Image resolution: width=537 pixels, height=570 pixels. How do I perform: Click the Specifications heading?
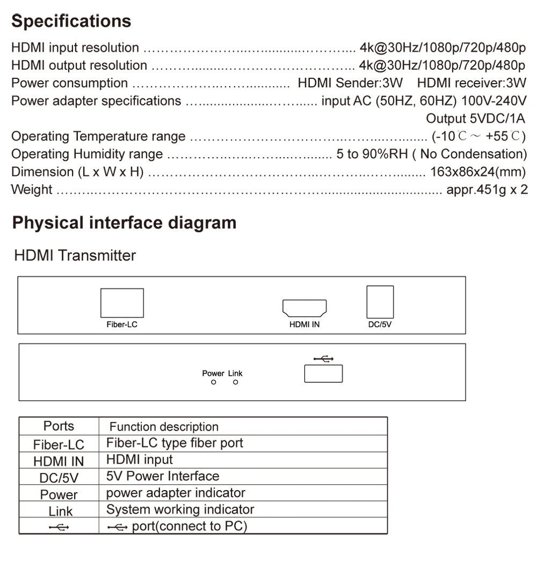pos(71,21)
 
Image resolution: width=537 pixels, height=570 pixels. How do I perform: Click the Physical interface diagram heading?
pos(124,223)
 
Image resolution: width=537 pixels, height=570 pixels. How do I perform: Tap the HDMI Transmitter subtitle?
pos(75,255)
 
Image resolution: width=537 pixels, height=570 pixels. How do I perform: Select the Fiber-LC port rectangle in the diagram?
pos(122,303)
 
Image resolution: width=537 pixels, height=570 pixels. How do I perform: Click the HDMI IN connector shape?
pos(304,308)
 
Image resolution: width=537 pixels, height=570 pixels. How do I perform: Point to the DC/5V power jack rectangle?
pos(380,302)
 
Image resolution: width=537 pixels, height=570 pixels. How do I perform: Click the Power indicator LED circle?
pos(213,382)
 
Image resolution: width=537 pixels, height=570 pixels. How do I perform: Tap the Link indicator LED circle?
pos(235,382)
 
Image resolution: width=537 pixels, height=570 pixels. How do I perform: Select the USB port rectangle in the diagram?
pos(323,373)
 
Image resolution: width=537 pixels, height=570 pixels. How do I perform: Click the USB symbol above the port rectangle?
pos(323,359)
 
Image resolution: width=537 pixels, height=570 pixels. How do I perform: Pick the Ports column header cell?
pos(59,426)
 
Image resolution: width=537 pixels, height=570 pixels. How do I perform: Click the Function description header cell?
pos(164,427)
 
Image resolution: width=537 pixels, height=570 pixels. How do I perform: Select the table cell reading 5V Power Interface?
pos(163,476)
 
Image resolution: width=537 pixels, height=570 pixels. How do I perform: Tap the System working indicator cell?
pos(180,509)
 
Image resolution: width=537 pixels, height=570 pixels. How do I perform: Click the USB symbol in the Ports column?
pos(59,527)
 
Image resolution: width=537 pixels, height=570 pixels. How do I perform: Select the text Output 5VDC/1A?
pos(475,119)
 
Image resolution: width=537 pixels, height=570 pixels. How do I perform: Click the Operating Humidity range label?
pos(87,154)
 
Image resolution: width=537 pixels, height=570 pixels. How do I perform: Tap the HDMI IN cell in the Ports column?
pos(59,461)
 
